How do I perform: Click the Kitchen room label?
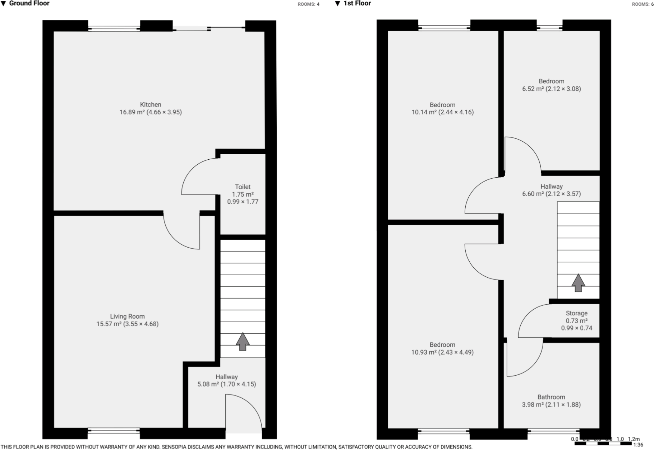(x=151, y=104)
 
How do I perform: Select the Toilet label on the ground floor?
(x=243, y=187)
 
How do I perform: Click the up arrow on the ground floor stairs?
(x=243, y=341)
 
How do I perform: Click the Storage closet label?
(x=576, y=313)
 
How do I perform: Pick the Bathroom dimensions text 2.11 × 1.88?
(x=563, y=405)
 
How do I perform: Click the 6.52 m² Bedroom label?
(x=551, y=81)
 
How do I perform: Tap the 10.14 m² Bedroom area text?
(x=424, y=112)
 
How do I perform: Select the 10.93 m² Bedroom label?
(x=442, y=345)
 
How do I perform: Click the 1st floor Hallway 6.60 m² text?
(x=533, y=194)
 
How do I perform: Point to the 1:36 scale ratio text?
(x=638, y=445)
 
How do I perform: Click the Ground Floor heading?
(x=29, y=4)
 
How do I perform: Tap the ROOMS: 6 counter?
(x=643, y=4)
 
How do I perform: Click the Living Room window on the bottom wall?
(x=114, y=431)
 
